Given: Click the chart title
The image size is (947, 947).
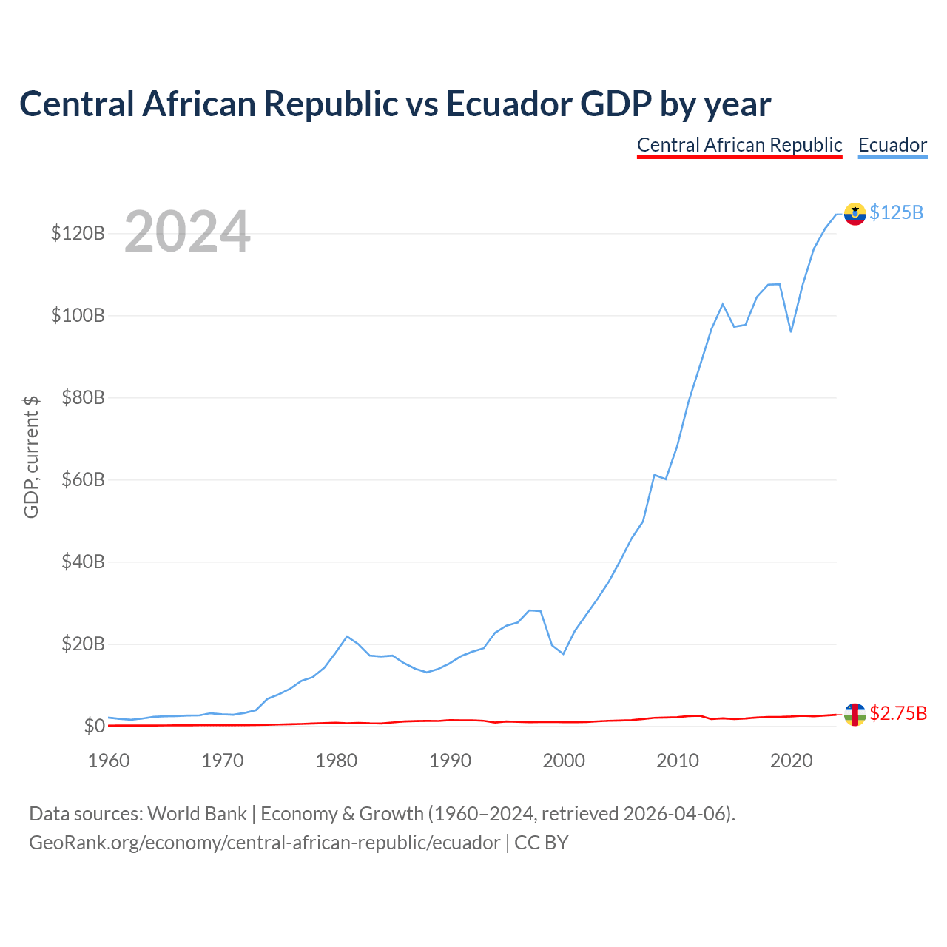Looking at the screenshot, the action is coord(394,104).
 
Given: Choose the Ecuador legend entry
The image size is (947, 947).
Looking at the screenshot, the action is coord(892,146).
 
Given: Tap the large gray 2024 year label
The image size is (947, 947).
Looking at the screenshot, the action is coord(186,231).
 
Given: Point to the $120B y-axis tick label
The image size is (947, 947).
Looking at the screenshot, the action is coord(78,233).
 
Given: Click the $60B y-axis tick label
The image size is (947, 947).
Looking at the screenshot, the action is coord(83,479).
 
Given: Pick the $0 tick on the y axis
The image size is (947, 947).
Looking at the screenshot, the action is coord(95,725).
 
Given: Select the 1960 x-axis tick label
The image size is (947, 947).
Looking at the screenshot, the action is coord(109,761).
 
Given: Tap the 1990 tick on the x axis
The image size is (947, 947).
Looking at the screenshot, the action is coord(450,761).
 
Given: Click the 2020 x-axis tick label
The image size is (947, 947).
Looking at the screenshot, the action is coord(791,761).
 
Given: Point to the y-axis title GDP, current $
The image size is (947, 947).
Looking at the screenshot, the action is coord(31,456).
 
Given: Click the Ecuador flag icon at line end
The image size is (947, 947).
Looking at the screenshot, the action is coord(854,214).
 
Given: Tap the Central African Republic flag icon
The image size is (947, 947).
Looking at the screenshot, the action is coord(854,714).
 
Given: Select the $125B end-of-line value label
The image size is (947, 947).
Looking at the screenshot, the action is coord(896,213).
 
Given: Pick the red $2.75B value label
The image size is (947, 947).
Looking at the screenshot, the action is coord(898,713).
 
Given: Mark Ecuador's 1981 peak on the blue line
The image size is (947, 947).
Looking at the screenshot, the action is coord(347,636).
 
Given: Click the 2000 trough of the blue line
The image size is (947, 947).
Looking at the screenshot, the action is coord(563,653).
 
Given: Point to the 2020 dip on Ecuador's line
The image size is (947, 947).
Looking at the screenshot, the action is coord(791,331).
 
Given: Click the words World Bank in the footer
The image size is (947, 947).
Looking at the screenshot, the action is coord(197,814).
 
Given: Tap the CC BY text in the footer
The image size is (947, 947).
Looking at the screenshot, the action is coord(541,843).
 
